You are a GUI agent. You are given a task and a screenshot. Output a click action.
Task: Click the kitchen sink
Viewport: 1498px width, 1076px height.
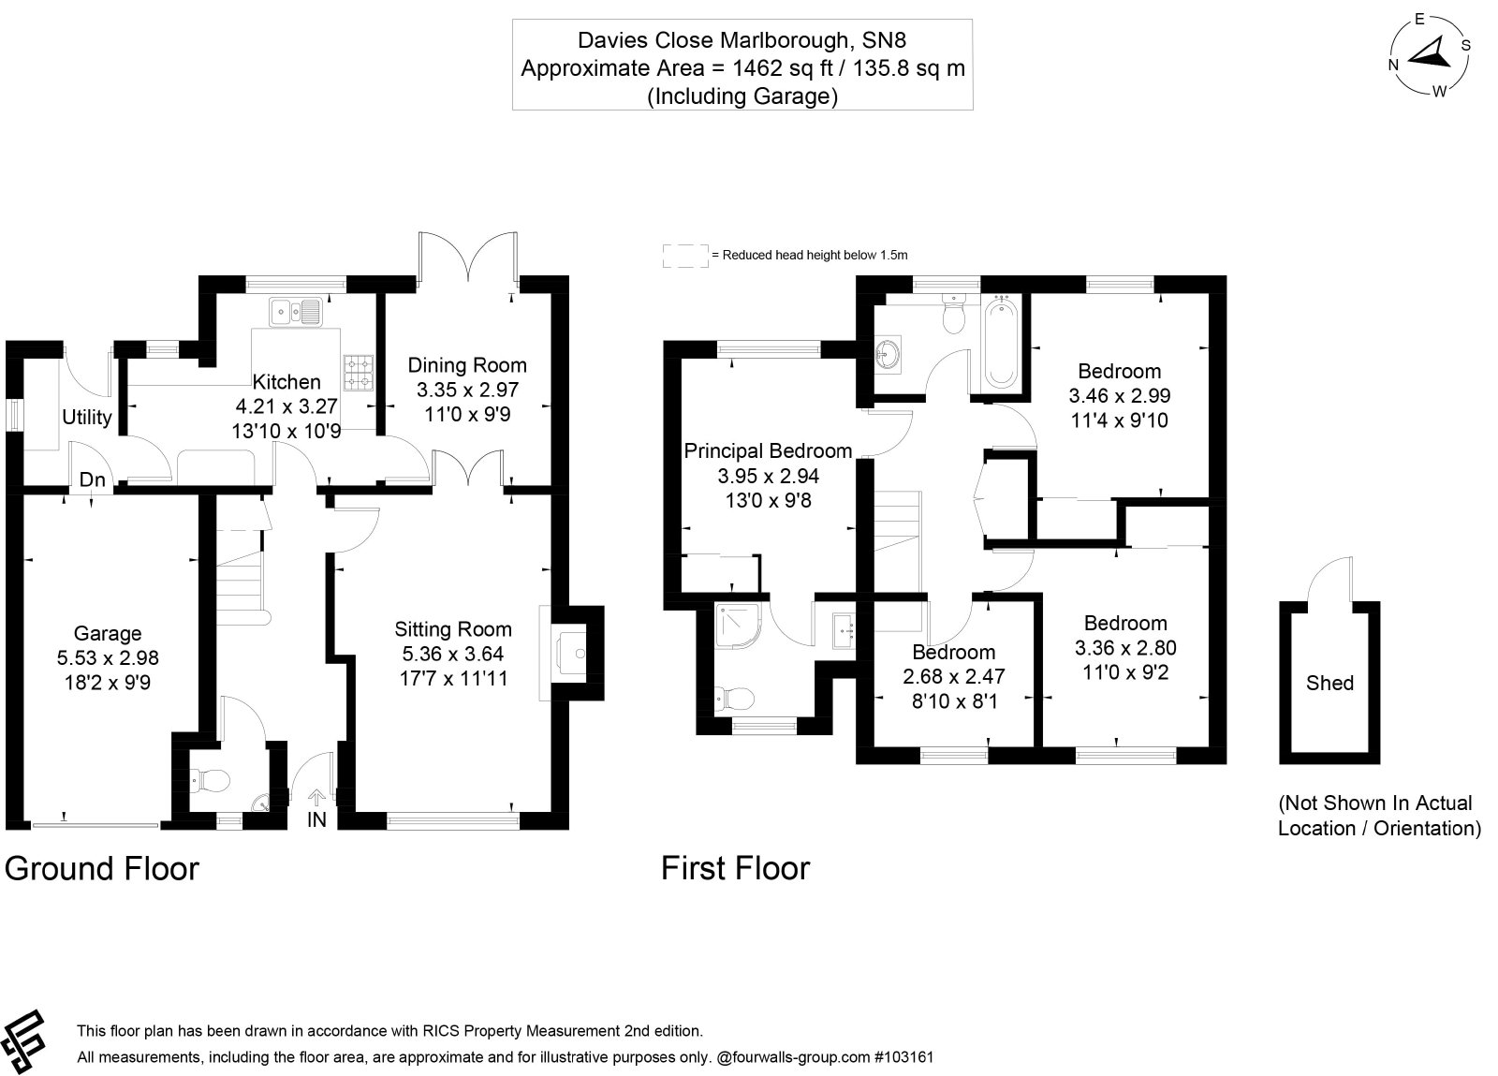point(296,312)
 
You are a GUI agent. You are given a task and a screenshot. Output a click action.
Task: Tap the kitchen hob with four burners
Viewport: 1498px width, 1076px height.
point(359,373)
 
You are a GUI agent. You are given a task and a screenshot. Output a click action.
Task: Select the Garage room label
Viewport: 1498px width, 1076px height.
point(108,633)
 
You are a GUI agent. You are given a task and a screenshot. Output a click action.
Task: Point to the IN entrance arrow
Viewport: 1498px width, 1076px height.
point(316,797)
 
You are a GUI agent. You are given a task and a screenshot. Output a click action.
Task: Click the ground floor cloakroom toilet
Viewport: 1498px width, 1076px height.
point(211,779)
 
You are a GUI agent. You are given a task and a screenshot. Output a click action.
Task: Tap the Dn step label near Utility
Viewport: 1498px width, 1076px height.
point(93,479)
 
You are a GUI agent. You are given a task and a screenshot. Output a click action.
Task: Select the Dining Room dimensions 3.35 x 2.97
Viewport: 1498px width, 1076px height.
point(467,390)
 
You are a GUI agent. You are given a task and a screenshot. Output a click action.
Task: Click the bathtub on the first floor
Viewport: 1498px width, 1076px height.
point(1001,342)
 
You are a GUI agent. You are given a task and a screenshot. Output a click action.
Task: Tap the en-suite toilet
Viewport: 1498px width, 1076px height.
point(735,700)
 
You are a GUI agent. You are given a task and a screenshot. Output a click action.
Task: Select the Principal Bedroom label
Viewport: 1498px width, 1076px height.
point(768,450)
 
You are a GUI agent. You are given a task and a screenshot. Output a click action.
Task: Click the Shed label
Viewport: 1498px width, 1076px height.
point(1329,683)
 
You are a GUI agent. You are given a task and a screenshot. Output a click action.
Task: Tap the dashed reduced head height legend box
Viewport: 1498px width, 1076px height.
point(685,257)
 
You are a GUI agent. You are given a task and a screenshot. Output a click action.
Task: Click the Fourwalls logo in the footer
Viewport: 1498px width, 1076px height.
point(23,1040)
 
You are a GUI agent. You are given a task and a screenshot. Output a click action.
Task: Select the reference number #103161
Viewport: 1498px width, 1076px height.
point(903,1056)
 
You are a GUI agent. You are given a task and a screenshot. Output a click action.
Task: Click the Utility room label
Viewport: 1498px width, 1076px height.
point(87,418)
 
